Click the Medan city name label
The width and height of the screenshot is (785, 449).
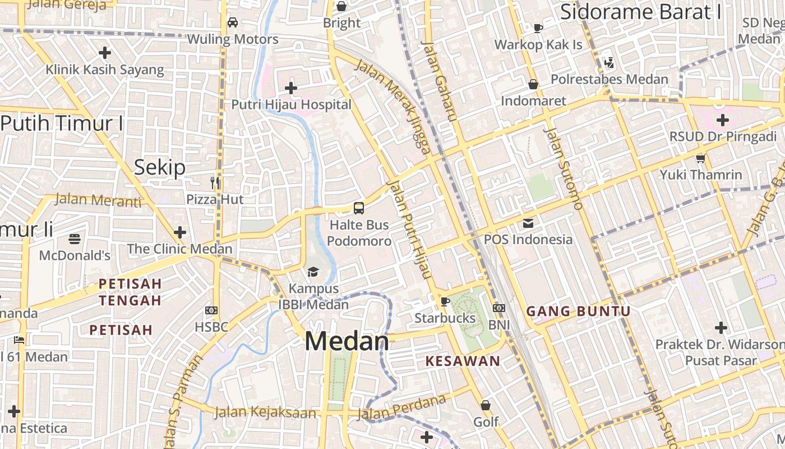pyautogui.click(x=347, y=341)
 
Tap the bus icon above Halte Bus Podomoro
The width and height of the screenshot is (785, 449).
pyautogui.click(x=359, y=208)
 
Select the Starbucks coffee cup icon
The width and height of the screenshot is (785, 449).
pyautogui.click(x=445, y=301)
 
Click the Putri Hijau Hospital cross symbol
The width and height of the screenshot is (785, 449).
pyautogui.click(x=291, y=88)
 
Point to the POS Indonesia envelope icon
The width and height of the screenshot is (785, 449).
pyautogui.click(x=528, y=223)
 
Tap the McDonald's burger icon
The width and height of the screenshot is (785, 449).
pyautogui.click(x=75, y=239)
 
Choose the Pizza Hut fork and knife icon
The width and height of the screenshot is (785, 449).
pyautogui.click(x=215, y=183)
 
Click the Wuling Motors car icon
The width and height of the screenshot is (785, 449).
pyautogui.click(x=233, y=22)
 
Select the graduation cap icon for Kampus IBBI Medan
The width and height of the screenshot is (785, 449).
pyautogui.click(x=313, y=272)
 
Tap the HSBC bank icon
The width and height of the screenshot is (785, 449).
pyautogui.click(x=211, y=310)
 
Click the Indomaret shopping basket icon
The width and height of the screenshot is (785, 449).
pyautogui.click(x=533, y=84)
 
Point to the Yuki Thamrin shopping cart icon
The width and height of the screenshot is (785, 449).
pyautogui.click(x=700, y=158)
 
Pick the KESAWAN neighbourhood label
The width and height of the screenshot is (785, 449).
pyautogui.click(x=463, y=361)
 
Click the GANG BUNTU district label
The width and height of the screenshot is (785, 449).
pyautogui.click(x=579, y=311)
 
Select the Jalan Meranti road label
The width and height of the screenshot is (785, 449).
pyautogui.click(x=98, y=200)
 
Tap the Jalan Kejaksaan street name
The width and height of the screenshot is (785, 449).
pyautogui.click(x=265, y=413)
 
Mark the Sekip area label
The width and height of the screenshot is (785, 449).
pyautogui.click(x=160, y=167)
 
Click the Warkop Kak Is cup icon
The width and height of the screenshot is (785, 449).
pyautogui.click(x=538, y=28)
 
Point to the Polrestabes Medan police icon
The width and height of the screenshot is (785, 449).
pyautogui.click(x=609, y=63)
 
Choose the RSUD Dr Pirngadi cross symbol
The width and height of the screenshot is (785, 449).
pyautogui.click(x=722, y=120)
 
